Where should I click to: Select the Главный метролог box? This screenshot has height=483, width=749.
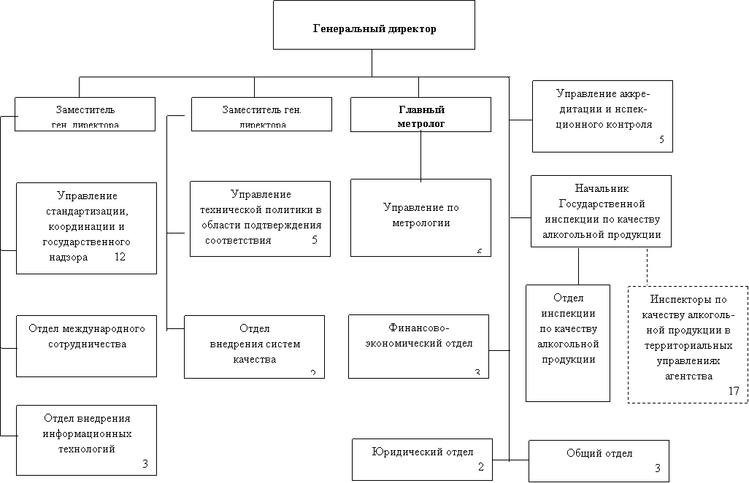(x=421, y=116)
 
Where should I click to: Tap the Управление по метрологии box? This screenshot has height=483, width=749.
(x=421, y=217)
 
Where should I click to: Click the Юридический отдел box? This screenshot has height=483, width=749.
(x=423, y=459)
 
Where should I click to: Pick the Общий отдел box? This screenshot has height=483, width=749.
(x=599, y=460)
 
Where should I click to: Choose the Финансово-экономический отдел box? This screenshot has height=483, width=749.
(x=418, y=346)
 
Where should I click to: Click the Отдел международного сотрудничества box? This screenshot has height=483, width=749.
(x=86, y=345)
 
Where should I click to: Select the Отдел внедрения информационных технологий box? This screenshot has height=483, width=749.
(x=86, y=438)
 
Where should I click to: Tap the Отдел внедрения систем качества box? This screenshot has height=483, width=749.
(x=254, y=346)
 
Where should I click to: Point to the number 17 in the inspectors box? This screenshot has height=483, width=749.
(x=734, y=392)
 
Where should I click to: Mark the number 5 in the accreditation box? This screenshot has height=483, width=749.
(x=661, y=139)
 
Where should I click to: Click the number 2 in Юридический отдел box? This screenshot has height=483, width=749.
(x=480, y=467)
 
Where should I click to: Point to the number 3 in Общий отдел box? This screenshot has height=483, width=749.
(x=657, y=468)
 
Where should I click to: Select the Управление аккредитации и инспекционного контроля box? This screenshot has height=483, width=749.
(x=602, y=115)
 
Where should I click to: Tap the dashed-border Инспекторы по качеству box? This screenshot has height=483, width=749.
(x=688, y=344)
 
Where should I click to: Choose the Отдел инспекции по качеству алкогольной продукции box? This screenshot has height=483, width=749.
(x=568, y=343)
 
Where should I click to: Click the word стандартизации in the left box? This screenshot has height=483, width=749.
(x=86, y=211)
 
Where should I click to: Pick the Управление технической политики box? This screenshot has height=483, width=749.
(x=260, y=218)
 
